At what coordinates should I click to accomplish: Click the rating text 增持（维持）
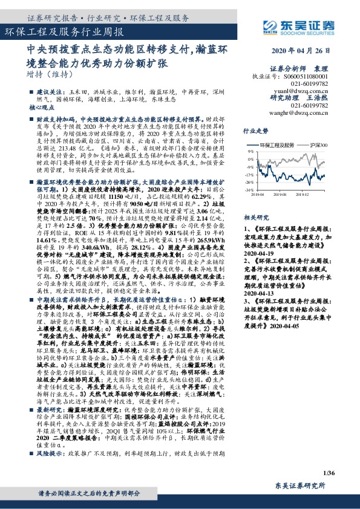tap(48, 75)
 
